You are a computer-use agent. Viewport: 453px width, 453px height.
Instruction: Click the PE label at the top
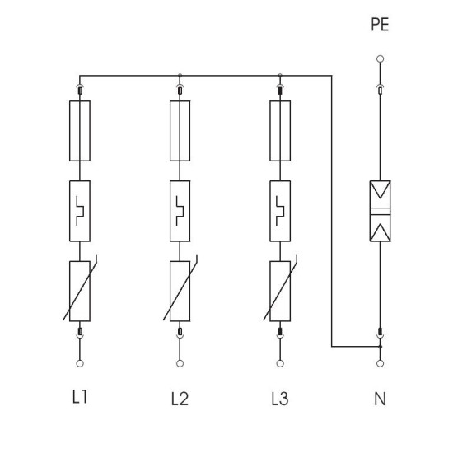(380, 24)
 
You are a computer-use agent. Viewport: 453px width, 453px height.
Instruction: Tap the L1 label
(79, 396)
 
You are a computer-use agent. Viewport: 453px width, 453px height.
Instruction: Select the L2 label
(180, 399)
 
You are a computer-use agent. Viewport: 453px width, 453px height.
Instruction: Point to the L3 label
(280, 399)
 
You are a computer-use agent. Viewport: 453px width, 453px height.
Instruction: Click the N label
(380, 399)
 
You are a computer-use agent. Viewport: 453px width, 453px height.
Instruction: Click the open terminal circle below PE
(381, 59)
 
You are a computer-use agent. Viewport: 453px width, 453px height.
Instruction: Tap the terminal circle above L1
(80, 363)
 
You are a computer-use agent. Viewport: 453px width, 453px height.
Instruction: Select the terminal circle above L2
(180, 363)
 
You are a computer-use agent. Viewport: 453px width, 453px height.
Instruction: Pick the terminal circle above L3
(280, 363)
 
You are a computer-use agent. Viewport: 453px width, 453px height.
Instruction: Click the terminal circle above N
(381, 363)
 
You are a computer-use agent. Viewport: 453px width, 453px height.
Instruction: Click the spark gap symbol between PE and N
(381, 211)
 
